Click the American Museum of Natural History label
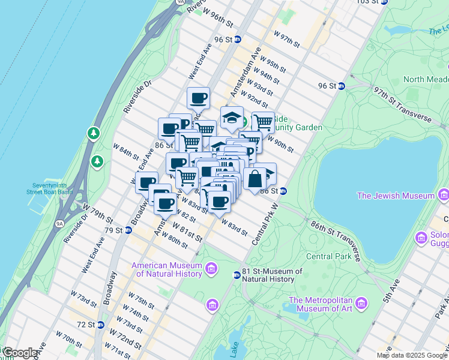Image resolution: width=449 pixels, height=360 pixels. (x=166, y=270)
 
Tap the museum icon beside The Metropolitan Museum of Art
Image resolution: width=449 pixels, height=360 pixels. (x=361, y=301)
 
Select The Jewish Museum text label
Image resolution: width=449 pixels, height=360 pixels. (x=396, y=196)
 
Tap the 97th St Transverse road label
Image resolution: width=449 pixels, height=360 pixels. (x=402, y=104)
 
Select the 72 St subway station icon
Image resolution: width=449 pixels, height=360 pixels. (x=101, y=325)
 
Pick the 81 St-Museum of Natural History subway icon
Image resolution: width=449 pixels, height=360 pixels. (x=237, y=275)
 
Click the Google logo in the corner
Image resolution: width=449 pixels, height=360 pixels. (x=20, y=353)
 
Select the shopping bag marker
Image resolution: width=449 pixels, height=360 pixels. (x=255, y=178)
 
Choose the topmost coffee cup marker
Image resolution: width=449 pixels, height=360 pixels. (x=198, y=98)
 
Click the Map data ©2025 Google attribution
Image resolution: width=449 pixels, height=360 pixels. (x=411, y=355)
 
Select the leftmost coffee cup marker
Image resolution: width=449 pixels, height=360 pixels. (x=146, y=182)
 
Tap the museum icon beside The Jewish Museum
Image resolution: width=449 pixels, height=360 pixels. (x=443, y=194)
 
